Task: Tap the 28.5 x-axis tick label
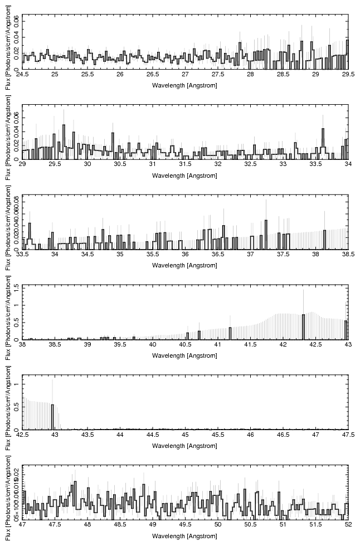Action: [283, 74]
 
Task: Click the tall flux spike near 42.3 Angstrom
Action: [303, 326]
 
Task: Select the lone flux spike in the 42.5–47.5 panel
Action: [52, 416]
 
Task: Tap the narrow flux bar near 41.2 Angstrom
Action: [230, 333]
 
